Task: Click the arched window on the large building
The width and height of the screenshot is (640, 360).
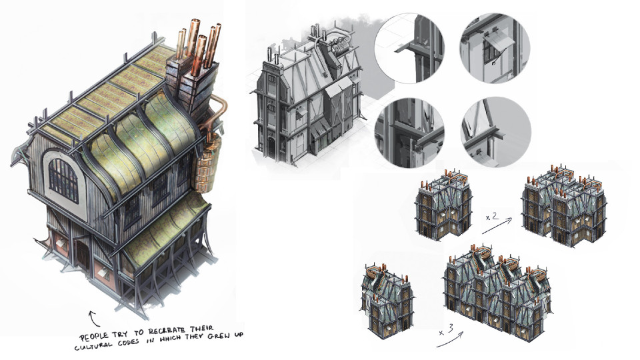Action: (x=63, y=180)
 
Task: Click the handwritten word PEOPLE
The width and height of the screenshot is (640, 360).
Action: (x=94, y=337)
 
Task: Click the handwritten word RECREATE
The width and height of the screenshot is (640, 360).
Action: (x=166, y=331)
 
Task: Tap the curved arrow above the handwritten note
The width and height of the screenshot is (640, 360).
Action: (x=93, y=318)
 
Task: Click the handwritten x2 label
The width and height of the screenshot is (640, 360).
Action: (x=492, y=216)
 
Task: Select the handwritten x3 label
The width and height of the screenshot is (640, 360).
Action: (x=446, y=330)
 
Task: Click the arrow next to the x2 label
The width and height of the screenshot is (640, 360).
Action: (x=497, y=226)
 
